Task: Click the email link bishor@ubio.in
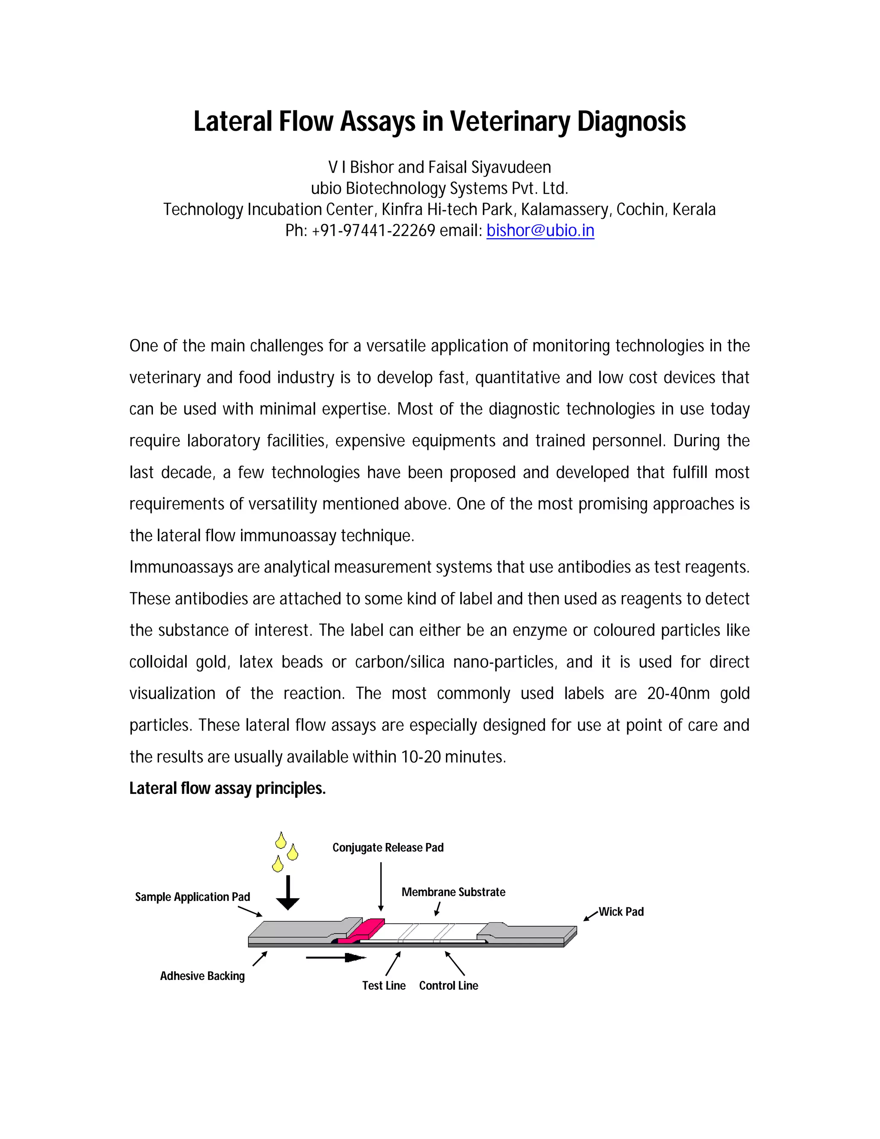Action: tap(540, 230)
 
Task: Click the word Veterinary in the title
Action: tap(510, 121)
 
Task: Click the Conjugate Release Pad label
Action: tap(388, 848)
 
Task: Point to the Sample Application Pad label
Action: tap(192, 897)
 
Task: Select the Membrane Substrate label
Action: tap(453, 892)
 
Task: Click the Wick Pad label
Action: tap(621, 912)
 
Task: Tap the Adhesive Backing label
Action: tap(202, 976)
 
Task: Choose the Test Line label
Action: tap(384, 985)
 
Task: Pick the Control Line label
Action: tap(448, 985)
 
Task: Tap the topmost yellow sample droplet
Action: tap(281, 841)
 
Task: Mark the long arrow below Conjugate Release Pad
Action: tap(381, 886)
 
